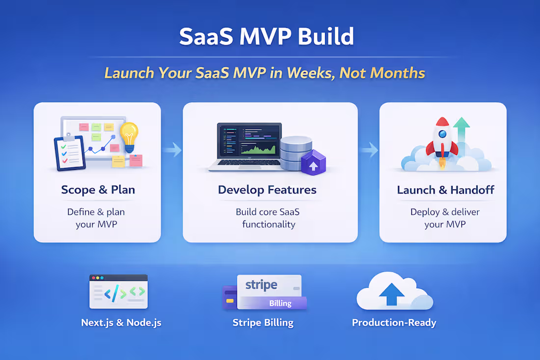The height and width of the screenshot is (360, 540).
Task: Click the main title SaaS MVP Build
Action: [x=266, y=37]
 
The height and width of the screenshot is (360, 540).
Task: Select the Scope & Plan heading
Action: [x=98, y=190]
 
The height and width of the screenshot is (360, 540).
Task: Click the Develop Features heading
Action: [x=267, y=190]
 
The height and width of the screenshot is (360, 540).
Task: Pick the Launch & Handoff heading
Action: [x=445, y=190]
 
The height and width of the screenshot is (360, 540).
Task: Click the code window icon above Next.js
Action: [x=118, y=292]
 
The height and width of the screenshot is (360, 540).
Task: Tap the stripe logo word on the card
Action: [x=261, y=285]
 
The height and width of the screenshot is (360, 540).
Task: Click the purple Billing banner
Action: [x=280, y=303]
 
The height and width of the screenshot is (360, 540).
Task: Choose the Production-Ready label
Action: [x=394, y=323]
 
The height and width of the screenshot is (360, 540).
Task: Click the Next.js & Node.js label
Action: [x=121, y=323]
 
